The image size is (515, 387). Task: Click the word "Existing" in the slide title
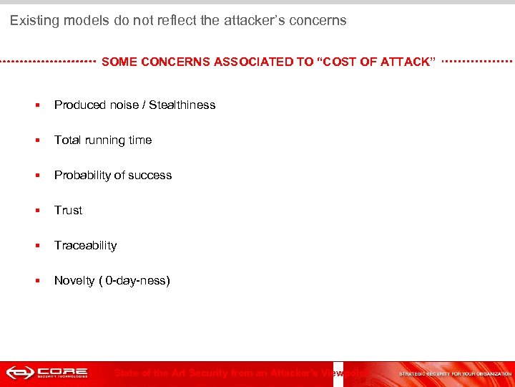click(34, 21)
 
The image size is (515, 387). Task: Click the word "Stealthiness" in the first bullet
click(182, 105)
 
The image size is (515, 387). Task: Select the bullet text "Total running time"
click(103, 140)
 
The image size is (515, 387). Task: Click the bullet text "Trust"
click(68, 210)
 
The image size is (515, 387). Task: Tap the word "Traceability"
click(85, 245)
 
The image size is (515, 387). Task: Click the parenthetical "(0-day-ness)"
click(137, 280)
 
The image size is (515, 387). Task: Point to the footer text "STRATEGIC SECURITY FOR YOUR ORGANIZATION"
click(455, 373)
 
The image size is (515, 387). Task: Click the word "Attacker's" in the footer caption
click(294, 373)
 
